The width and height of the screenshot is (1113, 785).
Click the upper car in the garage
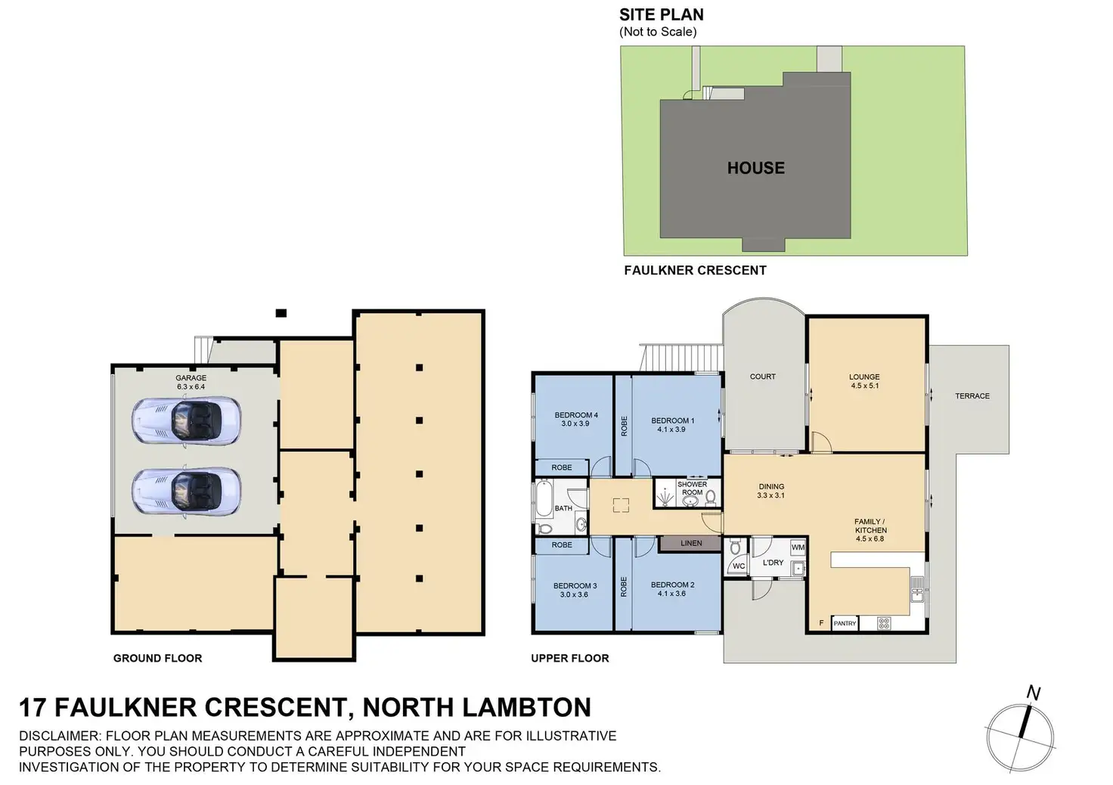[187, 420]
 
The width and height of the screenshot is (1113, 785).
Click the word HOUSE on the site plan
[755, 168]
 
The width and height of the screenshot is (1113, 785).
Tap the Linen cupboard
[690, 543]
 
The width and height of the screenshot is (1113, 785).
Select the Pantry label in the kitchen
[845, 623]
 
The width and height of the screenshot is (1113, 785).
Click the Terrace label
[972, 396]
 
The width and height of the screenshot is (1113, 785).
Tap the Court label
[762, 376]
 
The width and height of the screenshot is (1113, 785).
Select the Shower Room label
[692, 488]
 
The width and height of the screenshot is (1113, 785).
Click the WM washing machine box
[798, 547]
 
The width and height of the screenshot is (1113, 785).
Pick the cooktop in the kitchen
[884, 623]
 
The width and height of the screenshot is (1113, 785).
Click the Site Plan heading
[661, 15]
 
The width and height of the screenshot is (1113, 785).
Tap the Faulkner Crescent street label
[695, 270]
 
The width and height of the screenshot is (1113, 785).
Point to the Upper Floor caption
[569, 658]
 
